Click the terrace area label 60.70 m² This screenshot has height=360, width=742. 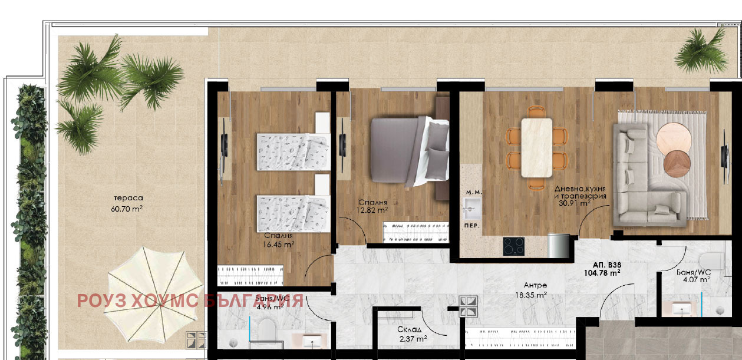127,209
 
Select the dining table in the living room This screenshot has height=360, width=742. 537,148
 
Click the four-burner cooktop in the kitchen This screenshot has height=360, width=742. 513,246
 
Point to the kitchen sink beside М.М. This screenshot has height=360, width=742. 472,209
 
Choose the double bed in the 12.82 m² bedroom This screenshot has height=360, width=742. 410,151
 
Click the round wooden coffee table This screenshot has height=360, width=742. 677,164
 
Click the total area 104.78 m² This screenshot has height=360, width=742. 602,273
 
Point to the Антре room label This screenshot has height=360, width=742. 535,285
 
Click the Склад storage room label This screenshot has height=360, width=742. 410,329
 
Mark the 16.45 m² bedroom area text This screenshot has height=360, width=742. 279,245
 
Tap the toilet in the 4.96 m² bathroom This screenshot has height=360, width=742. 267,329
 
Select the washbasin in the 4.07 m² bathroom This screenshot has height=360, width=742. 682,309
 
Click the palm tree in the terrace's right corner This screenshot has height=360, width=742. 701,51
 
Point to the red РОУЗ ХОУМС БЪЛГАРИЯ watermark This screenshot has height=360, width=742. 190,300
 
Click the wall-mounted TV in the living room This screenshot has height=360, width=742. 724,156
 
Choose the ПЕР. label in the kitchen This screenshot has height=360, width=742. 472,226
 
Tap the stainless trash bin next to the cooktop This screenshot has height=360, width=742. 558,246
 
